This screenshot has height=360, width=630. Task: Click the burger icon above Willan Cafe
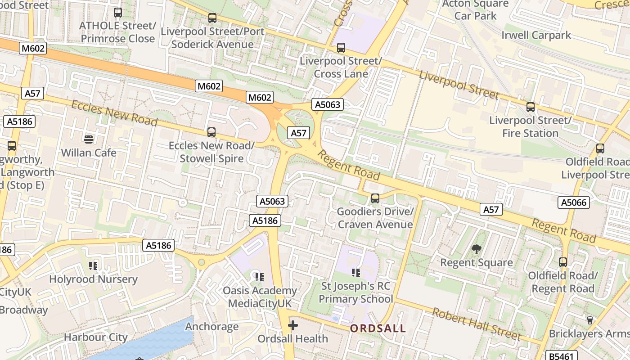pyautogui.click(x=88, y=139)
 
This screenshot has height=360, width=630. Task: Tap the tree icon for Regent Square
pyautogui.click(x=476, y=249)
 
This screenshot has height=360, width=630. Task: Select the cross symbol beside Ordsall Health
pyautogui.click(x=293, y=325)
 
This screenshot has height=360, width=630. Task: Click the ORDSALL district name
pyautogui.click(x=378, y=328)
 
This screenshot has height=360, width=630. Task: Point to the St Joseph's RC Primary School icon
pyautogui.click(x=355, y=272)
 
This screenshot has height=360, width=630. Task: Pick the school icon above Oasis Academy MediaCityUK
pyautogui.click(x=259, y=277)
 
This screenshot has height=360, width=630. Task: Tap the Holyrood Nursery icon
pyautogui.click(x=93, y=265)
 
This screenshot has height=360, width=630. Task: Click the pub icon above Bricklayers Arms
pyautogui.click(x=589, y=320)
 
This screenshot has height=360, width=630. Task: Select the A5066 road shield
pyautogui.click(x=574, y=202)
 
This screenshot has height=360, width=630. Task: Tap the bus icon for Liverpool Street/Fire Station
pyautogui.click(x=531, y=107)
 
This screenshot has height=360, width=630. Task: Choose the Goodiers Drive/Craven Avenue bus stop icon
pyautogui.click(x=375, y=198)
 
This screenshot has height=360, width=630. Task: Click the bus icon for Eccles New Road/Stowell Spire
pyautogui.click(x=211, y=132)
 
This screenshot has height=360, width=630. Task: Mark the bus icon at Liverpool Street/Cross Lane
pyautogui.click(x=341, y=47)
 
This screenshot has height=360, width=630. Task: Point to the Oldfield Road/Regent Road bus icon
pyautogui.click(x=563, y=262)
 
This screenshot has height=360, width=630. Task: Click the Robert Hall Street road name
pyautogui.click(x=477, y=324)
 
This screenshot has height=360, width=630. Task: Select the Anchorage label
pyautogui.click(x=212, y=326)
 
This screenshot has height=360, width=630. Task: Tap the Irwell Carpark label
pyautogui.click(x=536, y=35)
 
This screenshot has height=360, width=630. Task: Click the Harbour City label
pyautogui.click(x=96, y=337)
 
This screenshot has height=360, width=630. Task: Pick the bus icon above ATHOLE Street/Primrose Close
pyautogui.click(x=118, y=13)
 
